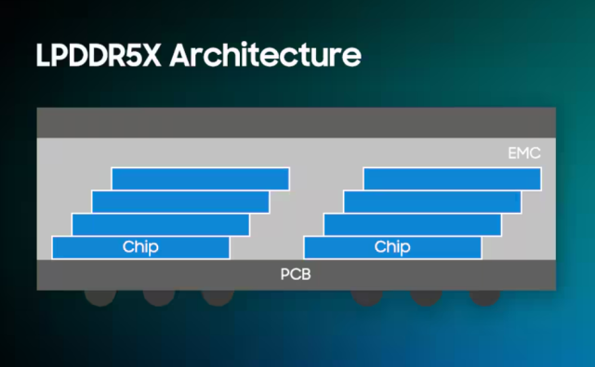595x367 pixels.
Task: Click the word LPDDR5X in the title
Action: click(x=99, y=53)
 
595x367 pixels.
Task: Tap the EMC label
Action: click(x=524, y=152)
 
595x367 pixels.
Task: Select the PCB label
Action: click(x=297, y=274)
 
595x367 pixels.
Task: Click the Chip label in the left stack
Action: click(x=140, y=247)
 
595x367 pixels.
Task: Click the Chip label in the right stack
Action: click(x=392, y=247)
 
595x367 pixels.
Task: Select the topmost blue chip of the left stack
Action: click(x=200, y=178)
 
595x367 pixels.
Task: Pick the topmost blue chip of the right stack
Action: click(x=452, y=178)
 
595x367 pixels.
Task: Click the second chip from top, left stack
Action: click(x=180, y=202)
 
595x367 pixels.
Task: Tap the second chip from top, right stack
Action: click(x=432, y=202)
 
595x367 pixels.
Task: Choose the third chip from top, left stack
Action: click(x=160, y=225)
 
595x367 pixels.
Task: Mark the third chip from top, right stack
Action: click(x=412, y=225)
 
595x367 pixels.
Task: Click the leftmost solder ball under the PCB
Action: click(x=99, y=296)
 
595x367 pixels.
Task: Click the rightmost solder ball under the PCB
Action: click(x=484, y=296)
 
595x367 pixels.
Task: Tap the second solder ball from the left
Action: click(x=158, y=296)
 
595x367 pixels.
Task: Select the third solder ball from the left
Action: click(x=217, y=296)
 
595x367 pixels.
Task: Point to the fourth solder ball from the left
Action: click(x=366, y=296)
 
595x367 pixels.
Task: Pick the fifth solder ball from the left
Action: click(x=426, y=296)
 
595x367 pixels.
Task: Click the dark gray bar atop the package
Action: click(x=297, y=123)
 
